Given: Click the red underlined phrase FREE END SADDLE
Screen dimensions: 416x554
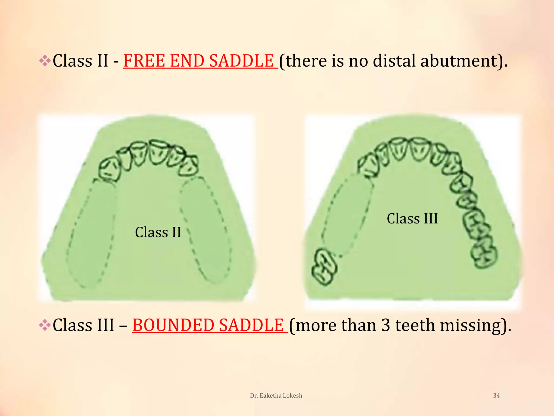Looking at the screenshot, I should (200, 61).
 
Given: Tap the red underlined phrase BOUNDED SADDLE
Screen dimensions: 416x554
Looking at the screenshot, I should (210, 325).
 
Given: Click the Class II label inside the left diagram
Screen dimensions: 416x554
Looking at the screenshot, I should (158, 232).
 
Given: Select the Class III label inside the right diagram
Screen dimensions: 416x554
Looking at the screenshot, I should (412, 219).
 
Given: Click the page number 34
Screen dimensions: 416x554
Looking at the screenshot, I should (496, 395).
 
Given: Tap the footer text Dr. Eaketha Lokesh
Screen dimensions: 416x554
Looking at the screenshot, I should (276, 395).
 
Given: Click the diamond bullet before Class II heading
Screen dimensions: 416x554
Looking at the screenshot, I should (45, 61).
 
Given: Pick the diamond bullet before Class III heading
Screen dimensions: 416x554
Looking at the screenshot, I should (45, 325).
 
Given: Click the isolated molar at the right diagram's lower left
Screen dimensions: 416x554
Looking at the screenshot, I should (324, 267).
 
